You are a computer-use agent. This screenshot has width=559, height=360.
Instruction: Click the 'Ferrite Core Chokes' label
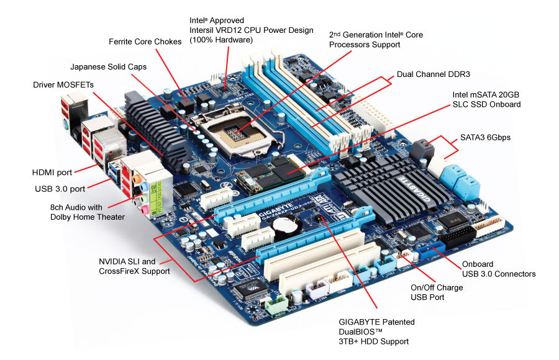(145, 42)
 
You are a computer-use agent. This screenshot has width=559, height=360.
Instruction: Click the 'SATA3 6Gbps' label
(485, 137)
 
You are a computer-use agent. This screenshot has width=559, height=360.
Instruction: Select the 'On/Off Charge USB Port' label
(437, 292)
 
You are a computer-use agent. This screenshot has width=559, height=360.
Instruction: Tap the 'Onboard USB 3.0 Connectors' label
(498, 268)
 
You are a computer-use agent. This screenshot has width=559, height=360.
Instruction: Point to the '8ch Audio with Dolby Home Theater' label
(88, 212)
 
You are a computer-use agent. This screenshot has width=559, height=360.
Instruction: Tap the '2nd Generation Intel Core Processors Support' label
(376, 40)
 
